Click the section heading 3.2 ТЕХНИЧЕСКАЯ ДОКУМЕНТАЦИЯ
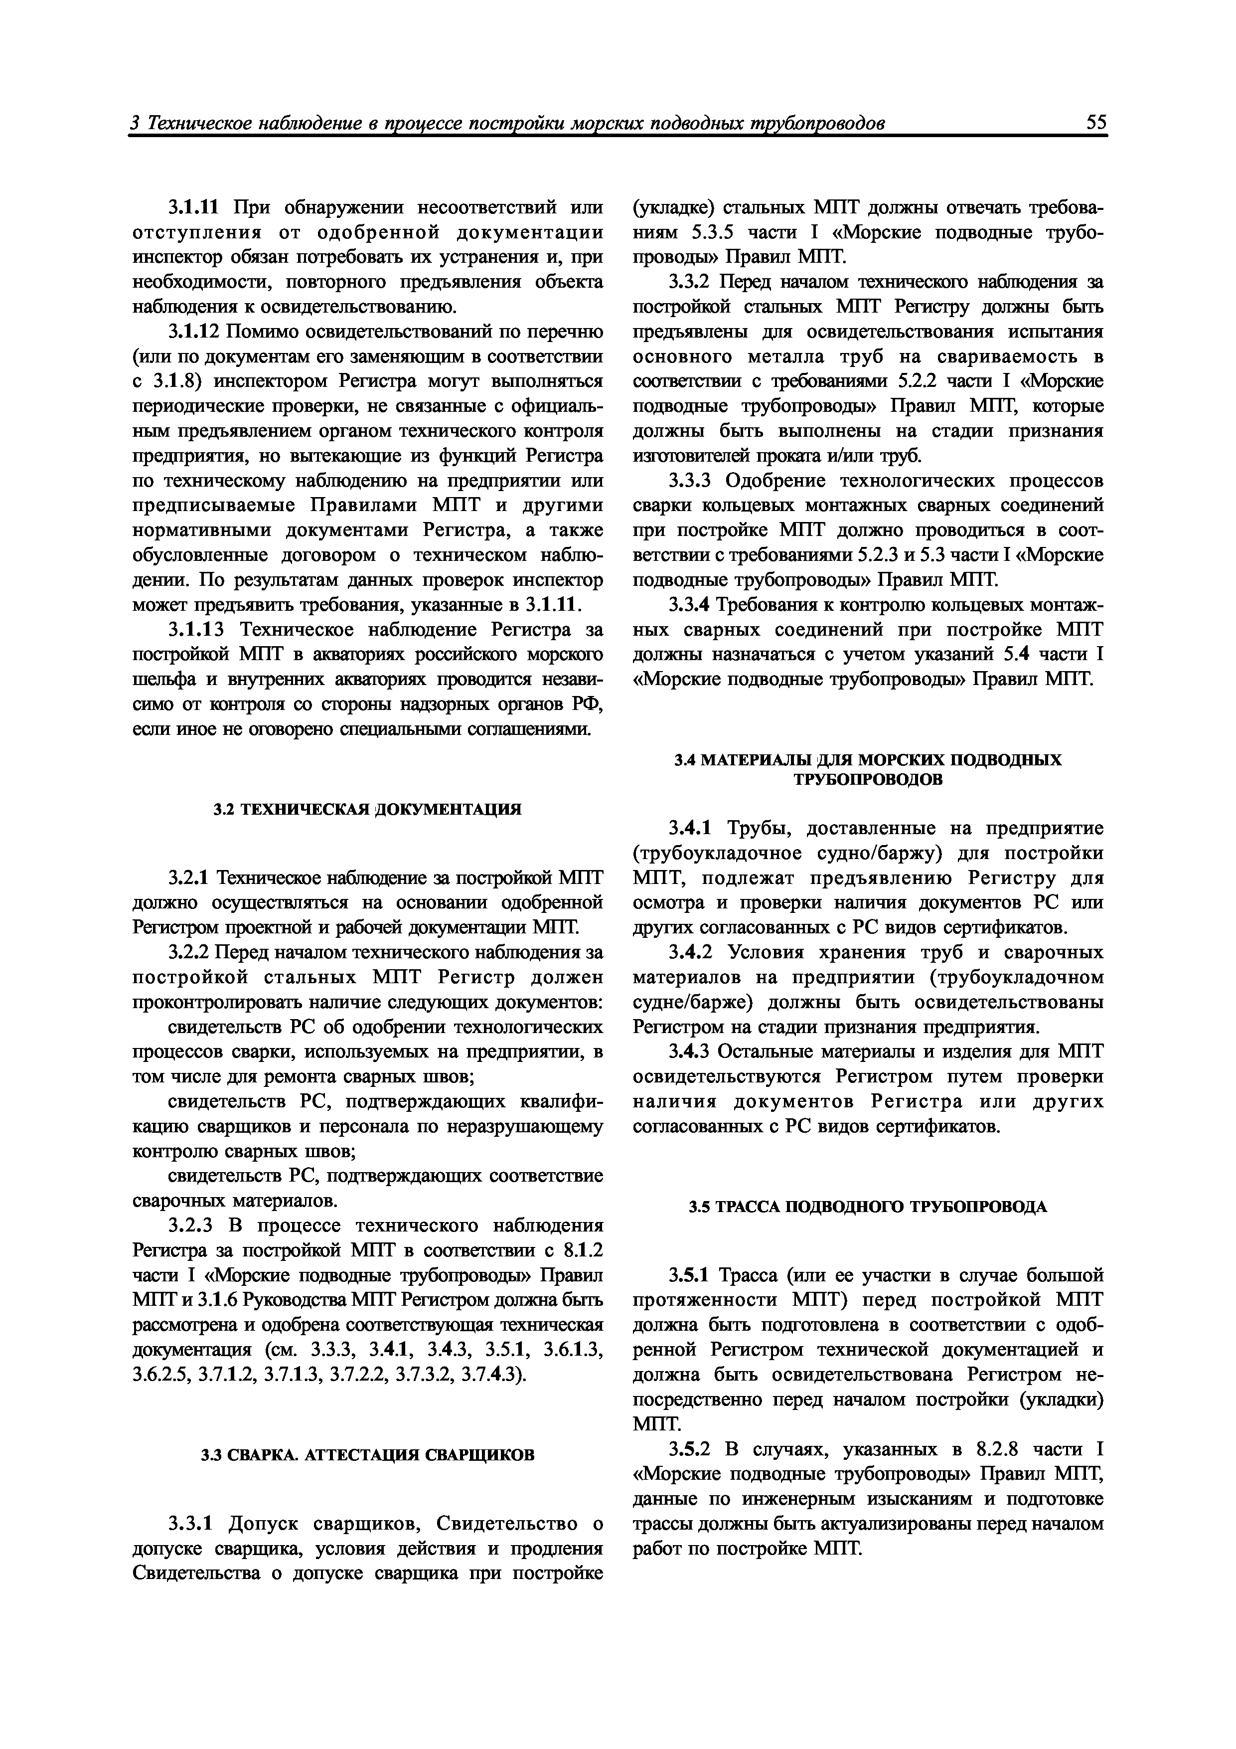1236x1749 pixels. tap(368, 809)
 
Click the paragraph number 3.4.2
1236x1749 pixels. tap(691, 952)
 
